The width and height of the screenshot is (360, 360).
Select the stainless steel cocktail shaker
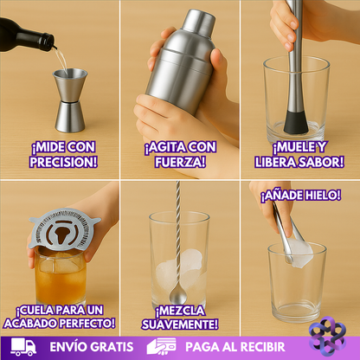(179, 65)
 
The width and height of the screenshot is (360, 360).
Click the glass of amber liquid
(60, 277)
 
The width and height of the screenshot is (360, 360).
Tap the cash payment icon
(161, 346)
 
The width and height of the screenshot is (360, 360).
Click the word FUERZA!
(179, 162)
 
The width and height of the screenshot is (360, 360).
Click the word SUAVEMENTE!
(180, 324)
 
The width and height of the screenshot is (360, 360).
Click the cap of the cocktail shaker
(198, 21)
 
